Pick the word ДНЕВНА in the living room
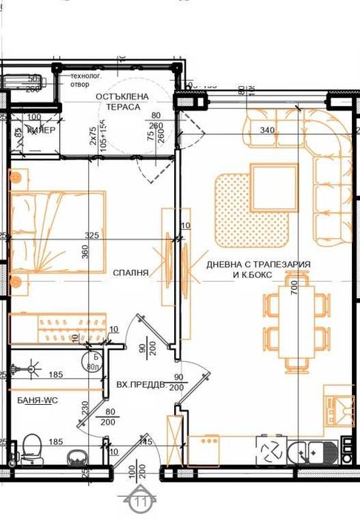226,264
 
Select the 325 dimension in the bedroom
92,236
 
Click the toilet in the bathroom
31,447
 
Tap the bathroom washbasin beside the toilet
76,454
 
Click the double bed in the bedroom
56,231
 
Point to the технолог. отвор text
85,80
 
